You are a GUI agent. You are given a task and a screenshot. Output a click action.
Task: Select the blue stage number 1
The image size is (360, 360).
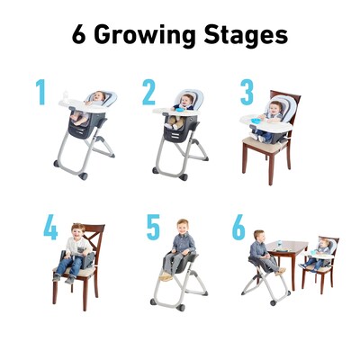click(x=40, y=93)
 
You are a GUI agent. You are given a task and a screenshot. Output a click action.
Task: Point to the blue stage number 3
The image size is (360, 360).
click(x=247, y=93)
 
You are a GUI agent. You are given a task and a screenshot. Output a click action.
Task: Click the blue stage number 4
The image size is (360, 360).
click(x=50, y=228)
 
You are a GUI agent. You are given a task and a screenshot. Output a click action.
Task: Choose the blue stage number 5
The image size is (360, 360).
click(x=153, y=227)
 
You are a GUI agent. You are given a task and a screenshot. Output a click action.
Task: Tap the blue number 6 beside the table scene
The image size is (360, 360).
click(x=238, y=228)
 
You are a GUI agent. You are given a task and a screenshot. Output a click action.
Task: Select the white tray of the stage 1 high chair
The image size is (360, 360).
click(x=72, y=105)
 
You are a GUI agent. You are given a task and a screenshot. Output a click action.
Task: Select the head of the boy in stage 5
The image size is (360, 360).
click(x=184, y=226)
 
